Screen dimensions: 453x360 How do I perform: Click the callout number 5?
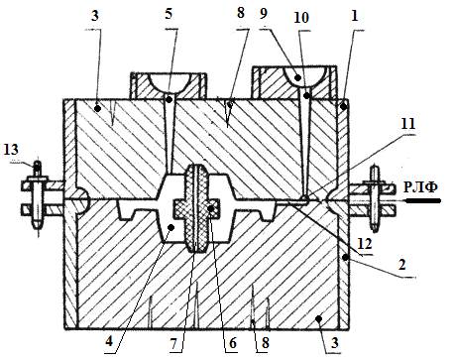[x=169, y=14]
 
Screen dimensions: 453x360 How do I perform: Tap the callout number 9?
[x=264, y=14]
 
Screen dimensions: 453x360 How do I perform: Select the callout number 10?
[x=301, y=18]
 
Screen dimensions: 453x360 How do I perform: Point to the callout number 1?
[x=355, y=16]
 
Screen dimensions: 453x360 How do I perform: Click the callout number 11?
[x=407, y=124]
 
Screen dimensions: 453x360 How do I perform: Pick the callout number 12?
[x=365, y=244]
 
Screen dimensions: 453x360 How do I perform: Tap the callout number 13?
[x=11, y=150]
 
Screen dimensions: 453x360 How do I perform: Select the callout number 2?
[x=401, y=265]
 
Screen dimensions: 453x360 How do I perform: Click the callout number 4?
[x=109, y=341]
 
